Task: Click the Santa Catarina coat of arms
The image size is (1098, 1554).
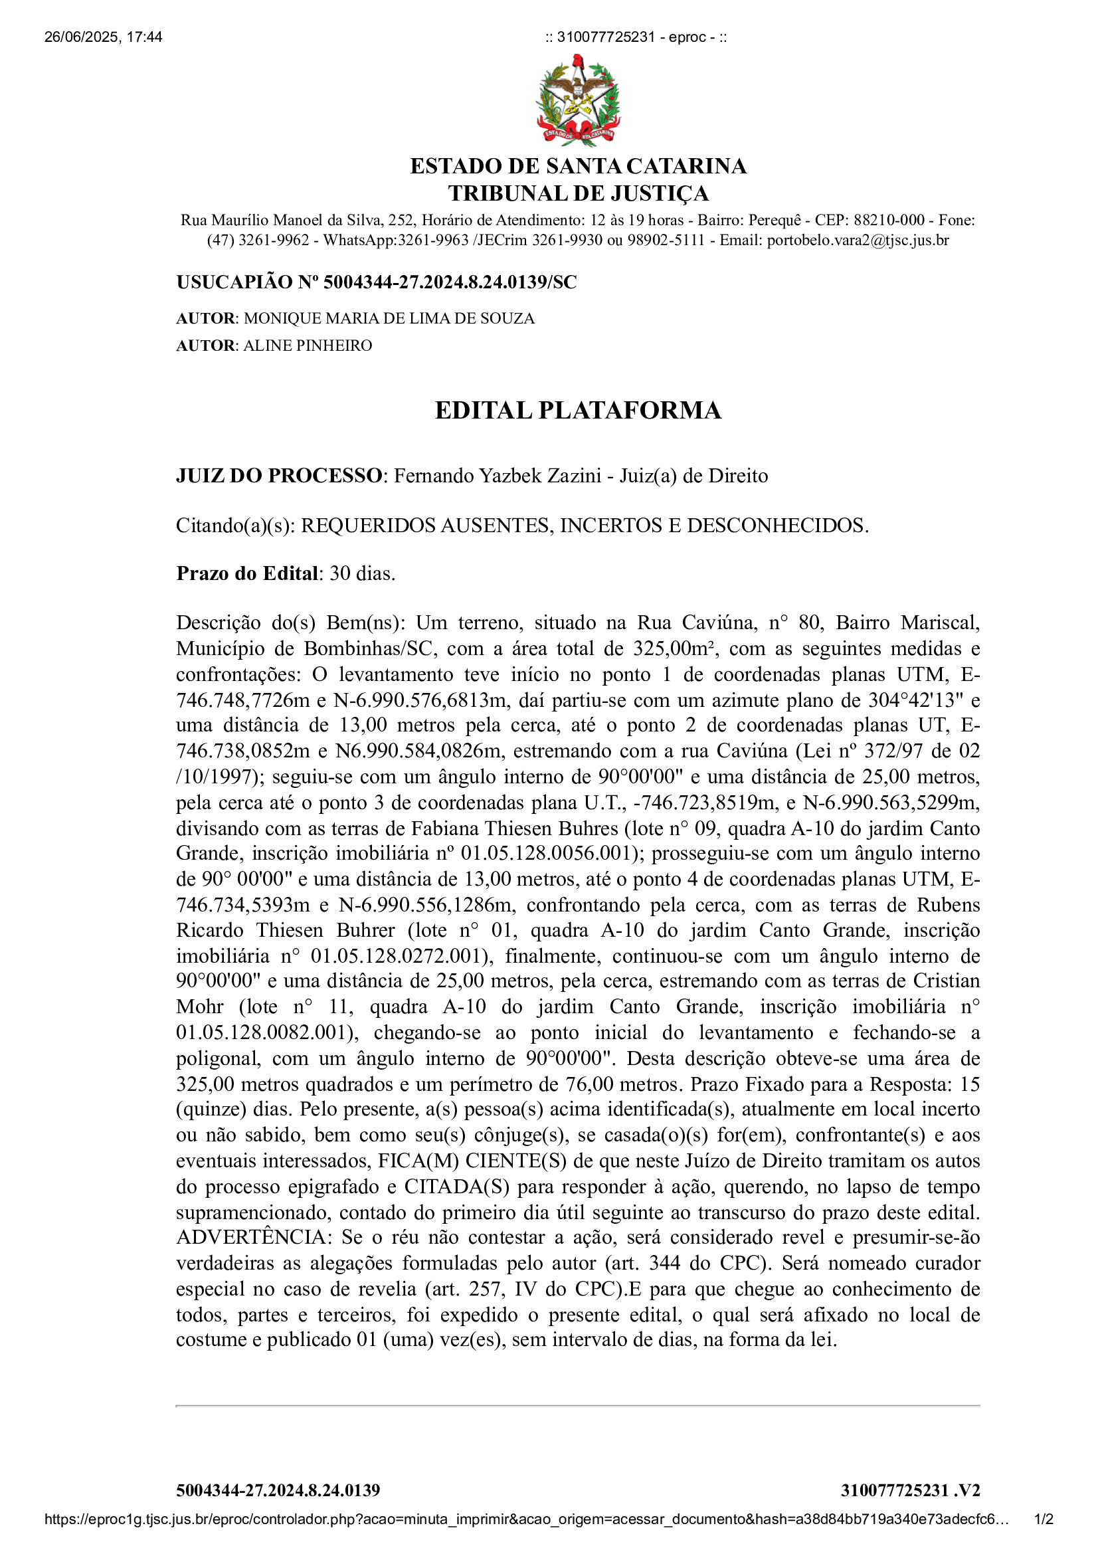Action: point(578,100)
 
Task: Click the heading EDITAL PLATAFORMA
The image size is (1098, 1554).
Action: point(578,410)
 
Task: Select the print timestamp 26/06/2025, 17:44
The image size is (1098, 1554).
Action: point(104,37)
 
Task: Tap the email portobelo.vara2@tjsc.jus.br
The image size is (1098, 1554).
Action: point(857,241)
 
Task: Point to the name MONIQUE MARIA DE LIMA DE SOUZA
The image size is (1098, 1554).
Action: point(389,318)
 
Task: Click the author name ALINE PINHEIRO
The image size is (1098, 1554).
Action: point(308,345)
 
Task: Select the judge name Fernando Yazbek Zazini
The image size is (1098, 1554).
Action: point(498,476)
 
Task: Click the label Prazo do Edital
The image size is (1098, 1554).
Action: point(247,573)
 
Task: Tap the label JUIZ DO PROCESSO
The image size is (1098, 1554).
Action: point(279,476)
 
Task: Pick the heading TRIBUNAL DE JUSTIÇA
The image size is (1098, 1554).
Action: point(578,193)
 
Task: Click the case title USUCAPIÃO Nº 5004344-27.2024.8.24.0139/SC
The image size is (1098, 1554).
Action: point(376,282)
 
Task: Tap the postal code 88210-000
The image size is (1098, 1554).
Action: point(888,221)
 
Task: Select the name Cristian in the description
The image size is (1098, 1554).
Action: point(946,981)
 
